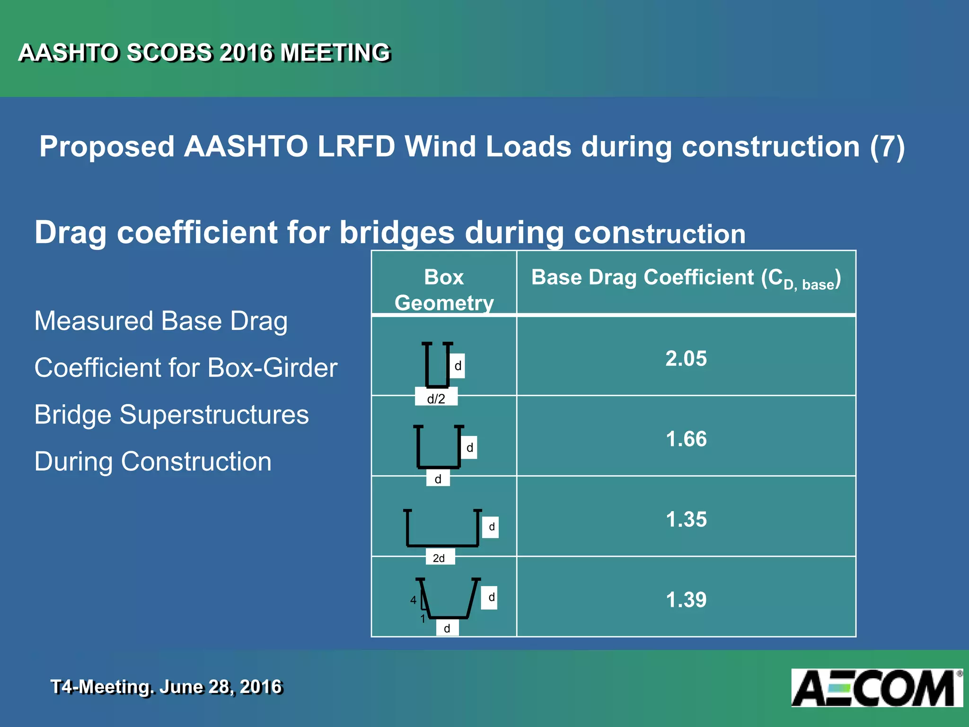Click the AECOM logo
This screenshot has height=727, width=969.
click(876, 688)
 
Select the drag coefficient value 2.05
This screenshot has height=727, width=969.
click(686, 358)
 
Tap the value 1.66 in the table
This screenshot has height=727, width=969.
click(686, 439)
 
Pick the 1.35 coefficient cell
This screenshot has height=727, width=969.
click(686, 519)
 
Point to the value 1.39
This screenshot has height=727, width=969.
click(686, 600)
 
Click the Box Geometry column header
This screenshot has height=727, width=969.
click(444, 290)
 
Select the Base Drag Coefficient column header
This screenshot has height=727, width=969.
click(686, 278)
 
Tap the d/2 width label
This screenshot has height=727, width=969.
click(436, 399)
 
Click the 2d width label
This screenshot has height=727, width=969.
click(439, 558)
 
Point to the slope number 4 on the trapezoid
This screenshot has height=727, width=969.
click(413, 600)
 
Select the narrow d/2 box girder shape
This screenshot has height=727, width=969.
click(437, 364)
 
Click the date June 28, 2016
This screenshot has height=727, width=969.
click(220, 687)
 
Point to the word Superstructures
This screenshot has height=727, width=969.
click(214, 415)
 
